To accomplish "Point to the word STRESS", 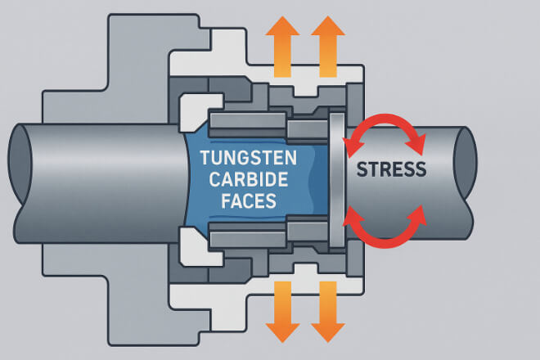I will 391,169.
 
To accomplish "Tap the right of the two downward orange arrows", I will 327,311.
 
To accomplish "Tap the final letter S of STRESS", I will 420,169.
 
